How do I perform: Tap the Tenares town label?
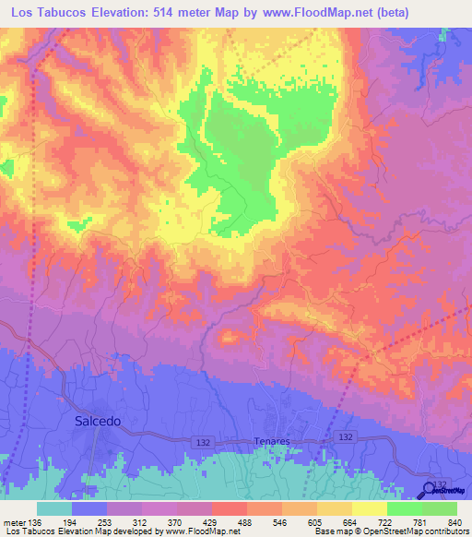tap(271, 442)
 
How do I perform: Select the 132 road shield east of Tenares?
tap(345, 436)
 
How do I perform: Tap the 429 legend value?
tap(208, 522)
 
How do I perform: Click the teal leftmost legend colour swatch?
tap(53, 508)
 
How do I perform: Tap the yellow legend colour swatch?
tap(369, 508)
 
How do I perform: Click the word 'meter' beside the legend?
tap(15, 522)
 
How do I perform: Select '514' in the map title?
tap(167, 12)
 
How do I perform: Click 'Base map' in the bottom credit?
tap(335, 531)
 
